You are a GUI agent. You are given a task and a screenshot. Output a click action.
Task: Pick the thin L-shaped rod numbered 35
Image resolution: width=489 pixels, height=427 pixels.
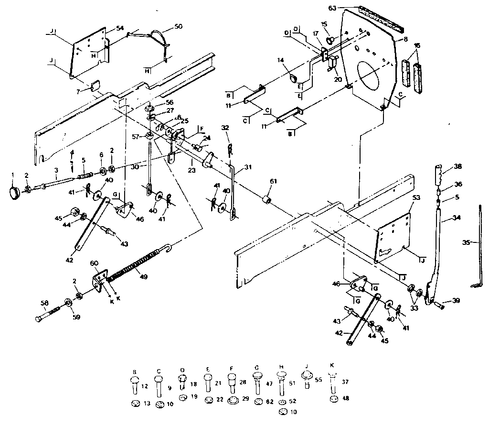point(478,244)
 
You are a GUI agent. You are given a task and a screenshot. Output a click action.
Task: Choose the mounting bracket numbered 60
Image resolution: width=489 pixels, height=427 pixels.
point(99,281)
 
